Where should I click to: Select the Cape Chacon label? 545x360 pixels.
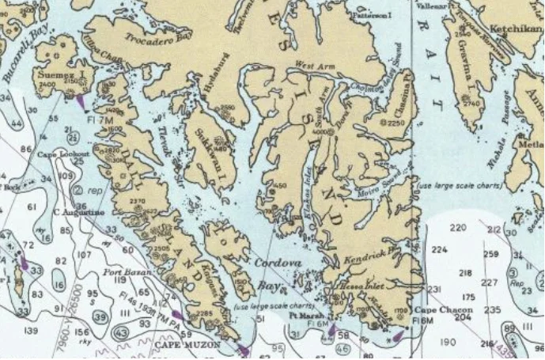(440, 309)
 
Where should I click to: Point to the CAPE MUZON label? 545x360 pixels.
(184, 345)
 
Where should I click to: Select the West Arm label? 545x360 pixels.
(310, 65)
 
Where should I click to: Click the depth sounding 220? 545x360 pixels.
(458, 228)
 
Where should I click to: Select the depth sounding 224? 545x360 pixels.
(440, 250)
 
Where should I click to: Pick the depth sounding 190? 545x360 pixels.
(448, 342)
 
